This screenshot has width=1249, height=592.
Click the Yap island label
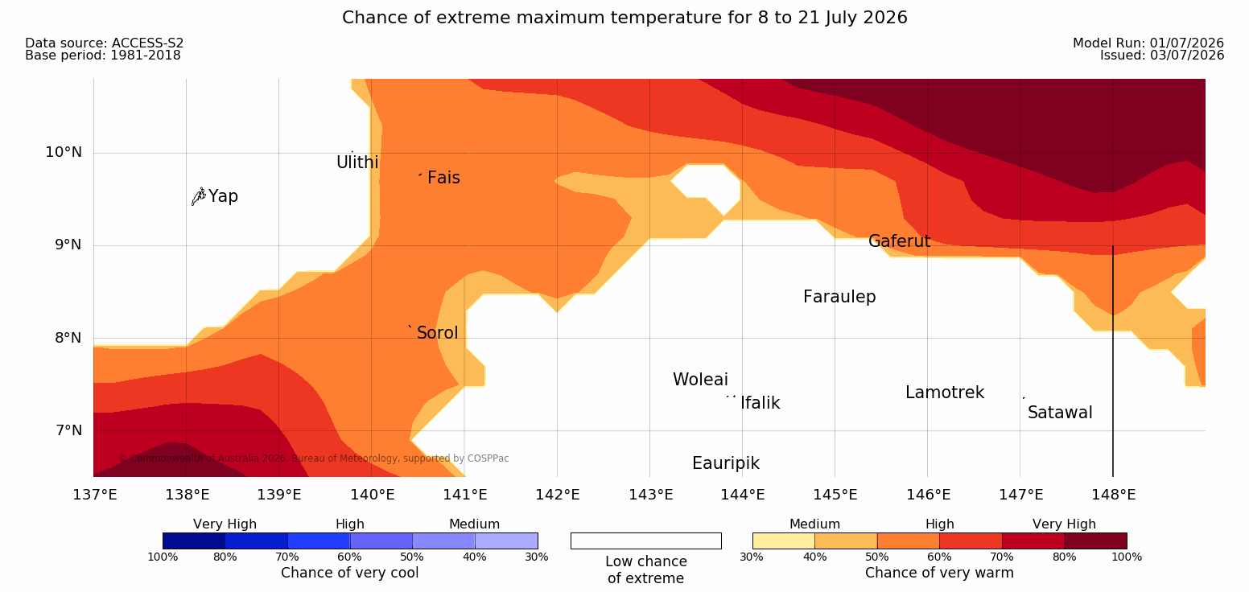223,196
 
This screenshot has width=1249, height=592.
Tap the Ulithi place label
357,162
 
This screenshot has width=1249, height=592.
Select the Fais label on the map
444,178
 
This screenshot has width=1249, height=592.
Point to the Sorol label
437,333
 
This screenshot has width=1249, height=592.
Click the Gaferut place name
900,241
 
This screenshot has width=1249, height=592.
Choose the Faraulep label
839,297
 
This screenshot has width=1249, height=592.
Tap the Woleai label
700,380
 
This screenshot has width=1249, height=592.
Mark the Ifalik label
760,402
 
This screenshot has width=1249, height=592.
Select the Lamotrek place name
945,393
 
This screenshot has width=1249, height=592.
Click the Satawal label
1060,413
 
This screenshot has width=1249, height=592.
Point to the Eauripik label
726,463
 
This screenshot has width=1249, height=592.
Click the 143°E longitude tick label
651,495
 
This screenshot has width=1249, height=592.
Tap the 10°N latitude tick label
64,152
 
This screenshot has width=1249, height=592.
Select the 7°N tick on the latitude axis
68,430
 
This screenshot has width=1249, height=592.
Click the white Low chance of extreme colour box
645,541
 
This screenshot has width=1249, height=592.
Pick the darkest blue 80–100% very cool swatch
194,541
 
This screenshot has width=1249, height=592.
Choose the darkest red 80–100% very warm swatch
1095,541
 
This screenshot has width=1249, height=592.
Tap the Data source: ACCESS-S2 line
105,43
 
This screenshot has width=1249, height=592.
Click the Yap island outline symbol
199,197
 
